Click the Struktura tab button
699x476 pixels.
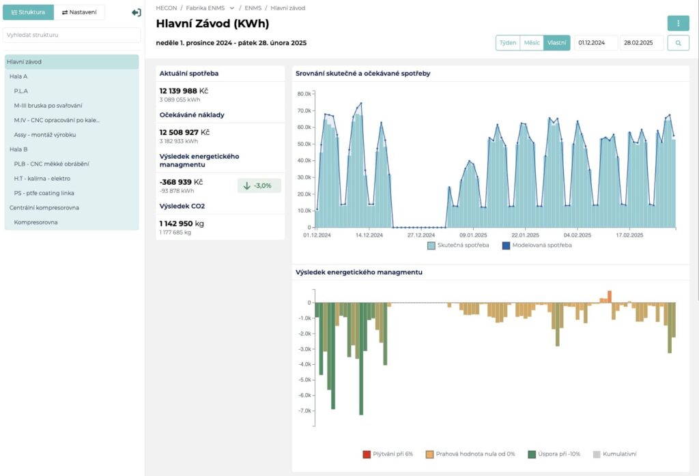point(28,12)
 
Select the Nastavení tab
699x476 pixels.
point(79,12)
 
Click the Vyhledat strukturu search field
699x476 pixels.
point(72,35)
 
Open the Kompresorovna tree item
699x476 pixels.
point(35,222)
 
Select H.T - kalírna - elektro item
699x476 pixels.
point(42,179)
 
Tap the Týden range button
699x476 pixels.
point(508,43)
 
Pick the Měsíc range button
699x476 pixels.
point(531,43)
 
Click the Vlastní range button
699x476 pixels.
point(557,43)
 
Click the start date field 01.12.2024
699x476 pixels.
point(596,43)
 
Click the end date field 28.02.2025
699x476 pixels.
point(642,43)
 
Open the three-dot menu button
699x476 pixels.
point(678,23)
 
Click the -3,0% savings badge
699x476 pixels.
point(259,185)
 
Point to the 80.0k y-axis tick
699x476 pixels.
point(304,94)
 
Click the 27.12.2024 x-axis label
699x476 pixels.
point(420,235)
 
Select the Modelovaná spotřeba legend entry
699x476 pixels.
point(537,246)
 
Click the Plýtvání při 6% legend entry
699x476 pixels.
point(388,454)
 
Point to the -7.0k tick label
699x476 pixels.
point(304,411)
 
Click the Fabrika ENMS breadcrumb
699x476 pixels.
point(205,8)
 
